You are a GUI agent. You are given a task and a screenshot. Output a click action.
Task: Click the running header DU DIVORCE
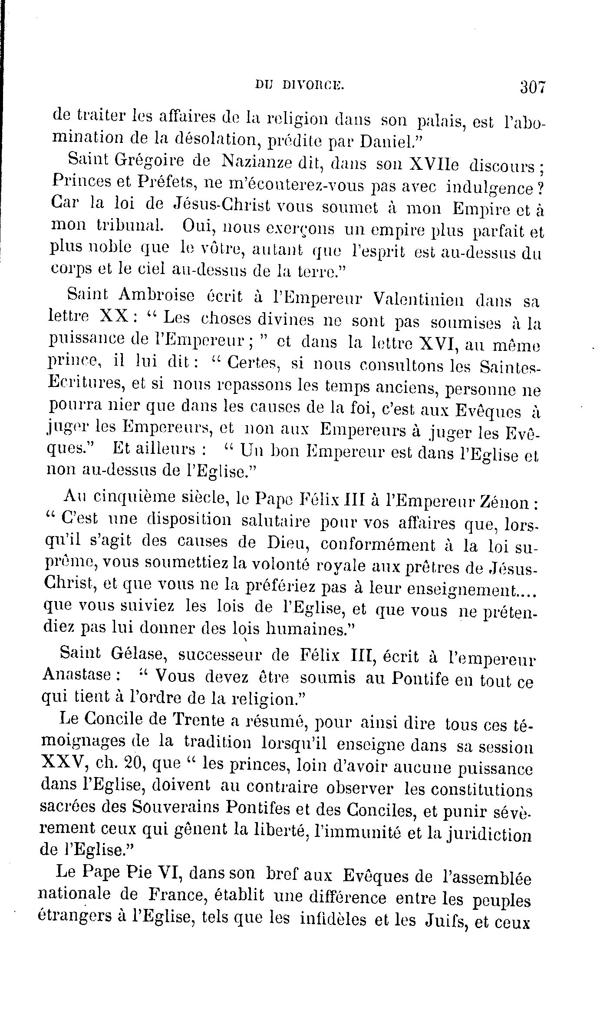tap(300, 86)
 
